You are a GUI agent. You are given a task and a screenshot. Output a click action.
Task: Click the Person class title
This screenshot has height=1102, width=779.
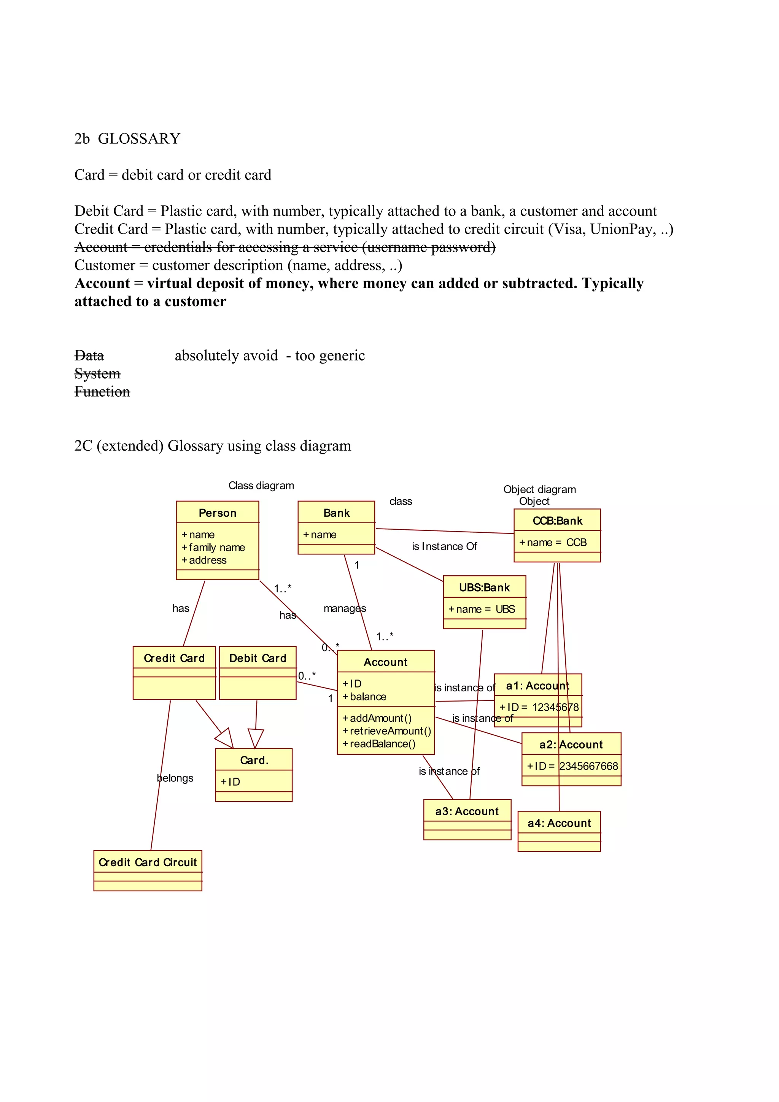coord(218,513)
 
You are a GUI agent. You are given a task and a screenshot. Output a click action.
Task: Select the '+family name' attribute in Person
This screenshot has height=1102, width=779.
coord(213,547)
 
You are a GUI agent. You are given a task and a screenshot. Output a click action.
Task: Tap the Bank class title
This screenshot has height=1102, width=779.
coord(337,513)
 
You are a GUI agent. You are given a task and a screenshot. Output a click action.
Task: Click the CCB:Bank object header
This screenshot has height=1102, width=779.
coord(557,520)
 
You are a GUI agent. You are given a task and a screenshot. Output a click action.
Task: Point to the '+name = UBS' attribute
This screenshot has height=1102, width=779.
coord(482,609)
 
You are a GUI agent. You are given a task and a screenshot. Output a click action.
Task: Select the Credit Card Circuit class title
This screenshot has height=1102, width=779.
coord(148,862)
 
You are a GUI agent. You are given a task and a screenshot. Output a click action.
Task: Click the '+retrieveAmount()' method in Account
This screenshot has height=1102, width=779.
coord(386,730)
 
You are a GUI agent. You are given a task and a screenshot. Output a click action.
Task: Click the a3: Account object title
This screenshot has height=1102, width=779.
coord(467,811)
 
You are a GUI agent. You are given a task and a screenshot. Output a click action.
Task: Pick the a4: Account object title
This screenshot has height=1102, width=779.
coord(559,823)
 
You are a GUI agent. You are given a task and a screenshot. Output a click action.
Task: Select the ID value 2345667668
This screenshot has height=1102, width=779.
coord(588,766)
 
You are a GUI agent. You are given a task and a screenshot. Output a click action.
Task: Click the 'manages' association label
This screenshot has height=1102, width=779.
coord(345,608)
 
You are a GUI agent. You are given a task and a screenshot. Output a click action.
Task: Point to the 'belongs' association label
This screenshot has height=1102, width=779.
coord(175,778)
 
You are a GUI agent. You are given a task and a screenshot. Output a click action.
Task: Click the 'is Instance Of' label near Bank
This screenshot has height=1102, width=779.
coord(444,546)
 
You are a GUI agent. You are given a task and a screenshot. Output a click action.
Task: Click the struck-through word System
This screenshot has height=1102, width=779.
coord(97,373)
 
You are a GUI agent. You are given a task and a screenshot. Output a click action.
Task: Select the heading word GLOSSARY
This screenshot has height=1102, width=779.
coord(139,139)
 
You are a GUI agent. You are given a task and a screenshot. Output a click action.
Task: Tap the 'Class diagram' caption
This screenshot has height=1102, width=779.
coord(261,485)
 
